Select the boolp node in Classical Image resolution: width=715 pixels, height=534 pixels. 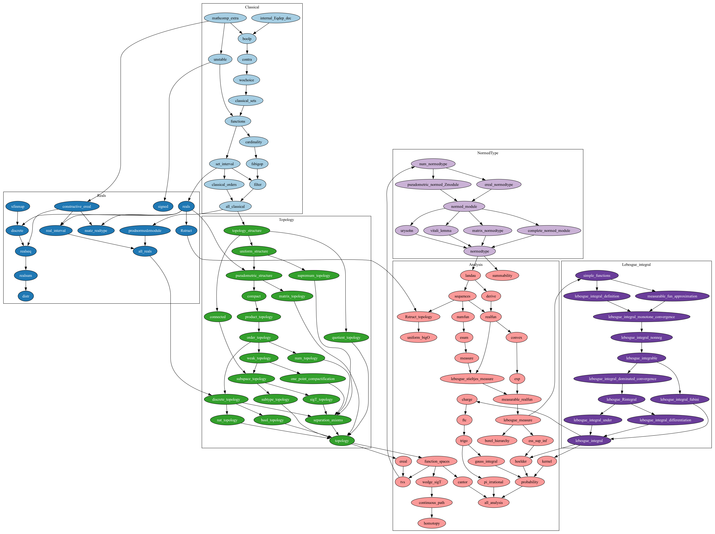[247, 39]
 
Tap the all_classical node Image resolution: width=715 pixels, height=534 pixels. [235, 206]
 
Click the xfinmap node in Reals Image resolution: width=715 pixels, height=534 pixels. [18, 206]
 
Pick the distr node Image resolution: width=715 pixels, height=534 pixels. [26, 296]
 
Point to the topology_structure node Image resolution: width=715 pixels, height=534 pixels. [247, 231]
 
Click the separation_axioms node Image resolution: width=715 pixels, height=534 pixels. [328, 420]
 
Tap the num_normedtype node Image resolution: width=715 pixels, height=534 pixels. [433, 164]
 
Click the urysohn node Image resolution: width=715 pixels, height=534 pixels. [407, 231]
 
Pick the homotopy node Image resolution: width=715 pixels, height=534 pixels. [432, 523]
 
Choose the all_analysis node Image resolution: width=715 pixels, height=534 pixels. [494, 503]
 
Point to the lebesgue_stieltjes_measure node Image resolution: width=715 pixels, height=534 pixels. [472, 379]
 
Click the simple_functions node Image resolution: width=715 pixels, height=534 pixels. [597, 276]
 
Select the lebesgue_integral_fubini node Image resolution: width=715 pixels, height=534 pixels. [680, 400]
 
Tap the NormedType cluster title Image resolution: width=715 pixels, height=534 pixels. [487, 153]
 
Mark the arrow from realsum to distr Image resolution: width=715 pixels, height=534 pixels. [26, 286]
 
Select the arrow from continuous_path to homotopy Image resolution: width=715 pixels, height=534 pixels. [432, 513]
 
